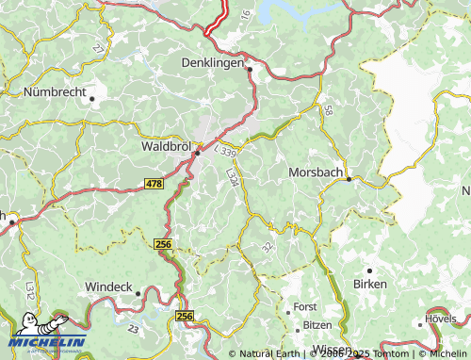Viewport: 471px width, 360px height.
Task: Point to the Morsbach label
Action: (x=316, y=172)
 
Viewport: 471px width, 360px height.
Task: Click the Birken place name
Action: (x=369, y=284)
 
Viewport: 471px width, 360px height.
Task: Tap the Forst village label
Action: (x=305, y=307)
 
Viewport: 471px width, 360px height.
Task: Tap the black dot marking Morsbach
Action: (x=349, y=178)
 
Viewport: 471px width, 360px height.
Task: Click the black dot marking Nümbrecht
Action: (x=92, y=98)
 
